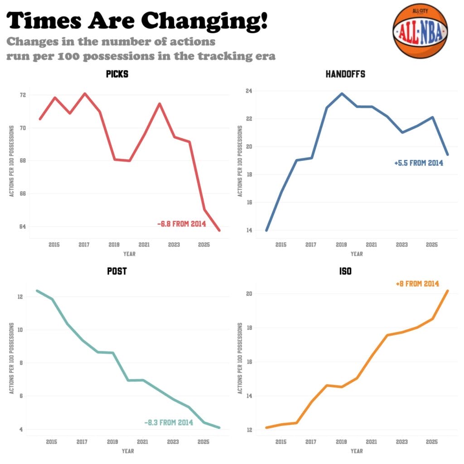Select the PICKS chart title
(x=117, y=74)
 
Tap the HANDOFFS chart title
(x=345, y=74)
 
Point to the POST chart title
(x=116, y=271)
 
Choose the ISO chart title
(x=345, y=271)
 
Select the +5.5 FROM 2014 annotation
(x=419, y=163)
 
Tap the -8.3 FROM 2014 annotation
(x=169, y=422)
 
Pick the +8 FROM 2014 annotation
(x=417, y=284)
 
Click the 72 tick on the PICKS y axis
(x=22, y=95)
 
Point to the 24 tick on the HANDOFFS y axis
(x=249, y=91)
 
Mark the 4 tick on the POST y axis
(x=20, y=429)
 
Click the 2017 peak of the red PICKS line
(x=84, y=94)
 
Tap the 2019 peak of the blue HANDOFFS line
(x=341, y=94)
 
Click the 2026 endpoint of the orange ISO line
(x=448, y=291)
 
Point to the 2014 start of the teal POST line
(x=37, y=291)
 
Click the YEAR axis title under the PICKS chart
(x=129, y=254)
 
